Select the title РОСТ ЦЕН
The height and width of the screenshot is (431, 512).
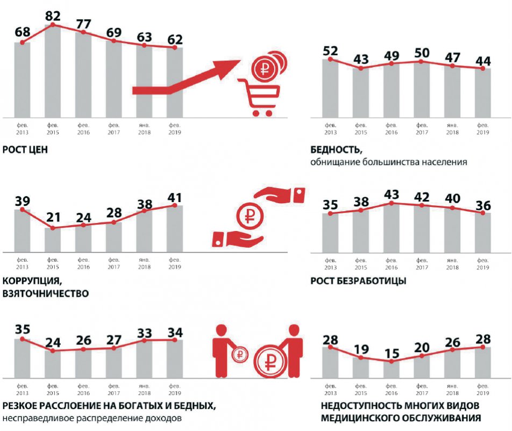(25, 149)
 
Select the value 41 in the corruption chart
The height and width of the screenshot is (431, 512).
(175, 195)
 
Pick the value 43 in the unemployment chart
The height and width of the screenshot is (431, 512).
(392, 193)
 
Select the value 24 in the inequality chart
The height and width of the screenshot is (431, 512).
(53, 341)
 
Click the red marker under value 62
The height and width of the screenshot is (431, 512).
(175, 48)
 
